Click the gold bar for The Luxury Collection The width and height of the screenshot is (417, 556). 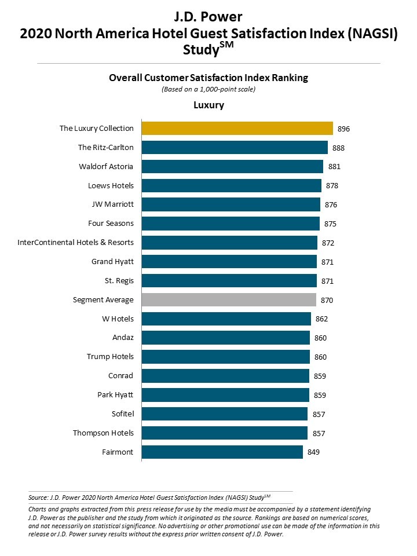click(237, 129)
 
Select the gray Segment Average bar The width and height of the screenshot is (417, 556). click(229, 300)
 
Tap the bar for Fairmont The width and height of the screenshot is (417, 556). click(222, 452)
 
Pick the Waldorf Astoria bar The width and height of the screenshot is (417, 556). click(232, 167)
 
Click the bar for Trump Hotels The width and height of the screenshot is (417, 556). click(226, 357)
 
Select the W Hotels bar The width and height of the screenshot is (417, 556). click(226, 319)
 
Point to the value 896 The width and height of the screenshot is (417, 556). click(344, 129)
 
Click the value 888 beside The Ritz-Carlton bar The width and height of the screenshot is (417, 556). click(339, 148)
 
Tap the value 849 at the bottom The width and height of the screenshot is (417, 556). click(313, 452)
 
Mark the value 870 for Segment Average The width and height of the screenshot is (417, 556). click(327, 300)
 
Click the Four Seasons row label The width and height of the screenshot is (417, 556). click(111, 224)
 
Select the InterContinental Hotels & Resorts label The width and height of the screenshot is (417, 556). click(76, 243)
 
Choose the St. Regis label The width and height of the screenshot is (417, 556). click(119, 281)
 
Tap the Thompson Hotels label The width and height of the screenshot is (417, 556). click(103, 433)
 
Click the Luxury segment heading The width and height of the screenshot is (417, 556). click(209, 105)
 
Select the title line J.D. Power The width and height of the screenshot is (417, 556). click(209, 16)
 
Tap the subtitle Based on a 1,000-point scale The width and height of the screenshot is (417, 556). click(209, 89)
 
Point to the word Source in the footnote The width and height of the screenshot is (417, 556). click(38, 497)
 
